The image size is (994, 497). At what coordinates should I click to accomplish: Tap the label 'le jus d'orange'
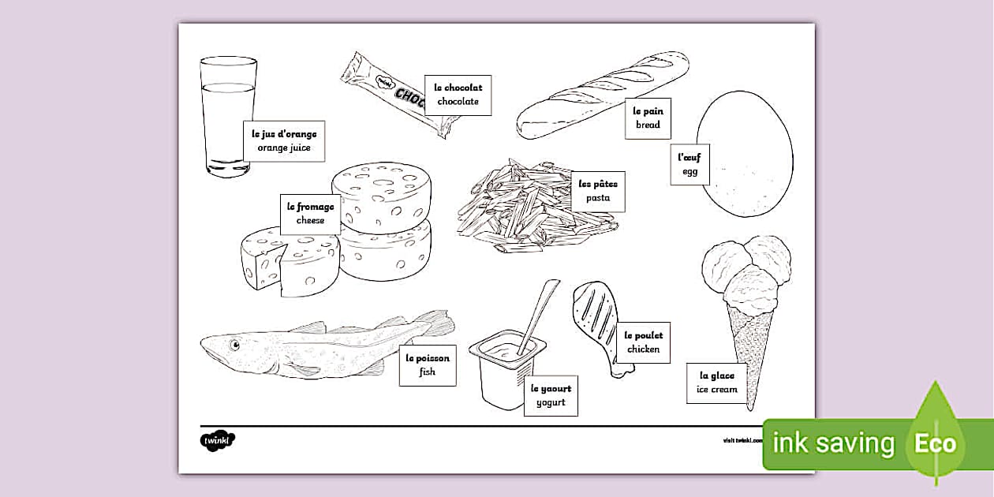coord(283,141)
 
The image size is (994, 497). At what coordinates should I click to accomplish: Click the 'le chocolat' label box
coord(458,95)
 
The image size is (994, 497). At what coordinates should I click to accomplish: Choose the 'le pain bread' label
coord(648,118)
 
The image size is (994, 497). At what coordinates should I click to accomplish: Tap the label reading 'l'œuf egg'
coord(690,164)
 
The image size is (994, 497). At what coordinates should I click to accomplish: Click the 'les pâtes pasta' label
coord(598,191)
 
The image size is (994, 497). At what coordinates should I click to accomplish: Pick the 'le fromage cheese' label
coord(310,214)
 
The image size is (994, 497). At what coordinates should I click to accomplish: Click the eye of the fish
coord(234,344)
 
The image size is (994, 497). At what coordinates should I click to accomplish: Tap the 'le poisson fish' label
coord(428,364)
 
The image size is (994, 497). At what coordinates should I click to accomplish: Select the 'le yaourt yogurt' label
coord(551,395)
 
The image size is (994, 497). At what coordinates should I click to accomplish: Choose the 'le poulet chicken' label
coord(643,342)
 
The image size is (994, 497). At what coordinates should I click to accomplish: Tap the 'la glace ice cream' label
coord(717,383)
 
